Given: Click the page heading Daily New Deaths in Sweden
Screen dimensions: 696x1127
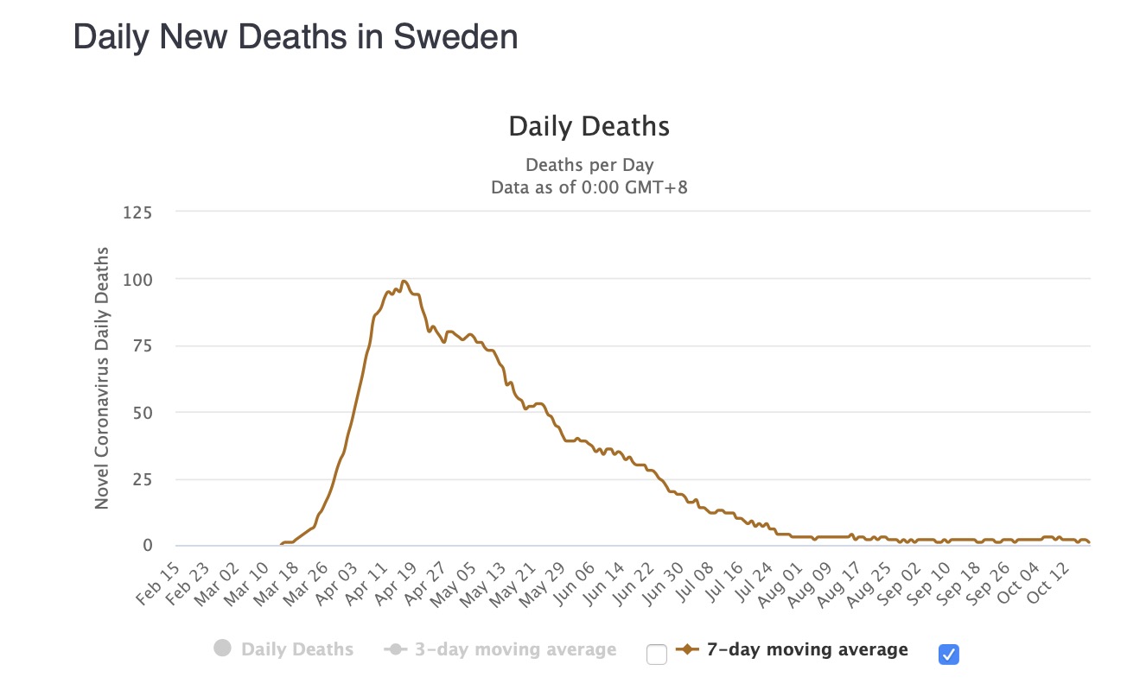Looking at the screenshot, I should coord(296,38).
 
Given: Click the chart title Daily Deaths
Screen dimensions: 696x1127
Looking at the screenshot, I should coord(589,127).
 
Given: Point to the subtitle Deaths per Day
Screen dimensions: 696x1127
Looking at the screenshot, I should coord(589,165).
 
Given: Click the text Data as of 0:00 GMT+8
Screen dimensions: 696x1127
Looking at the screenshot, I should coord(589,187).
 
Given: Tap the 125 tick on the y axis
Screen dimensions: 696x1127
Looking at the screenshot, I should coord(138,212).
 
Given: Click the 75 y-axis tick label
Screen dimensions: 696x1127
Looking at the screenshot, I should coord(143,345).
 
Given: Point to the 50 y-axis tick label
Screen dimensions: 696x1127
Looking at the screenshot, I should coord(143,412).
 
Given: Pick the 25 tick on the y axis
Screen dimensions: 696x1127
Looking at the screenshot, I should coord(143,479).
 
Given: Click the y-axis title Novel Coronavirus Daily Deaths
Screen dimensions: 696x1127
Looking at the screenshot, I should coord(102,377).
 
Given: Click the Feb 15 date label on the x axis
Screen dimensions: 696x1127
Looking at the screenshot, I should coord(159,585).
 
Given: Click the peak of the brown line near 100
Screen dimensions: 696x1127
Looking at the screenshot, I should coord(404,281).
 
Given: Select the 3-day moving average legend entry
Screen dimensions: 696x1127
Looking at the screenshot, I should coord(500,649).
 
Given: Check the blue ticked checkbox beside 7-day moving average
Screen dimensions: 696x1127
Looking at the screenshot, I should coord(948,655).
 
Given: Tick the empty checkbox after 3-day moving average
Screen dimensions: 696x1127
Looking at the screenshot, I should coord(657,655).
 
